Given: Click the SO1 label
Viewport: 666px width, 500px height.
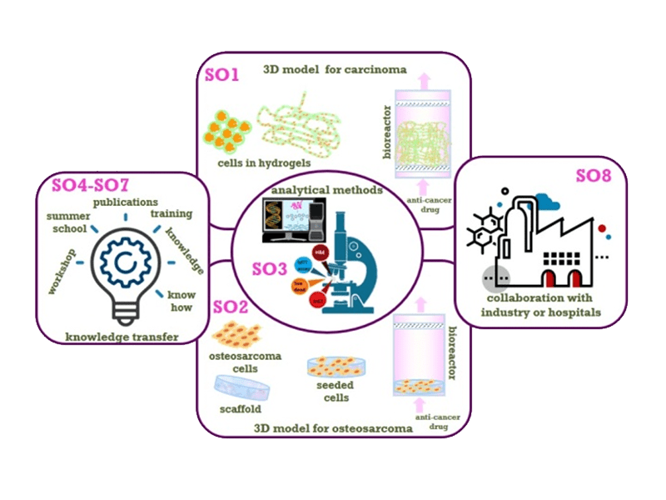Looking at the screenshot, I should pyautogui.click(x=222, y=76).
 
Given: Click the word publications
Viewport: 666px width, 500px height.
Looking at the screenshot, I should pyautogui.click(x=125, y=202).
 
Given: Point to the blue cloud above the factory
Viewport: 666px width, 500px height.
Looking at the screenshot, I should pyautogui.click(x=546, y=199).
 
